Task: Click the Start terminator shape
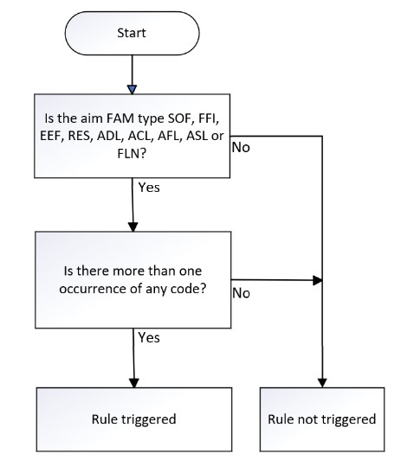[132, 33]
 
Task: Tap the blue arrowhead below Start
[133, 89]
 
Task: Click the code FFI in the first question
[210, 118]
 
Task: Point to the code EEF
[51, 136]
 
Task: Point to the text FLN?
[132, 153]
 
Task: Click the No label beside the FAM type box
[241, 147]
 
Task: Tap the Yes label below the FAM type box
[149, 188]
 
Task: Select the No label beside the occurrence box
[241, 293]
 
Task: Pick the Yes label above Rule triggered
[149, 337]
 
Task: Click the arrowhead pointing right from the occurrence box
[318, 280]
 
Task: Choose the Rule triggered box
[134, 419]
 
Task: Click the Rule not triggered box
[322, 419]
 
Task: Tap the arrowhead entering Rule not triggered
[322, 382]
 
